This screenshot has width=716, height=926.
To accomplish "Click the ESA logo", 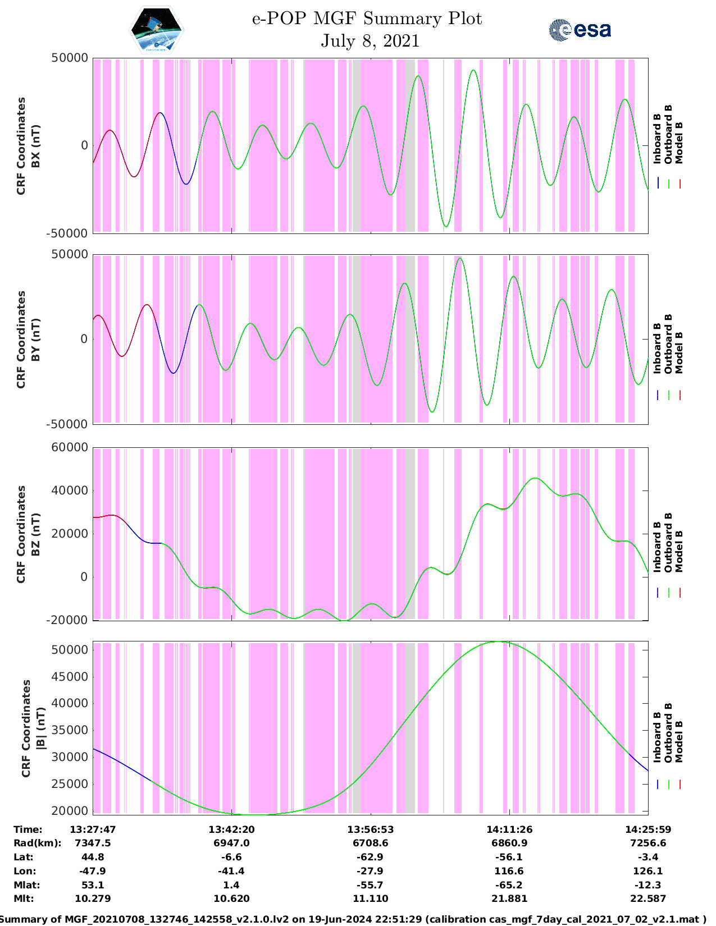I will click(x=580, y=30).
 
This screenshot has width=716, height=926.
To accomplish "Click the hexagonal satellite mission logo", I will click(x=156, y=30).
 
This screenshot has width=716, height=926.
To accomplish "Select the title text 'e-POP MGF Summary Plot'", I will click(x=367, y=19).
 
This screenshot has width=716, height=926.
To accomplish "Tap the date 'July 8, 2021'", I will click(x=370, y=41).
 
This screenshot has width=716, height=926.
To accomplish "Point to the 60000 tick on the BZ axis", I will click(x=69, y=447).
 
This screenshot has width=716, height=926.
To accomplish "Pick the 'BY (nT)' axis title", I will click(x=35, y=340).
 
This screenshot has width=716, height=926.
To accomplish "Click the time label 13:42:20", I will click(x=231, y=829).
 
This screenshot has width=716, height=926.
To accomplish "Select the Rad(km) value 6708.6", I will click(x=370, y=843).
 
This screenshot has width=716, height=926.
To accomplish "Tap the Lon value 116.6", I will click(x=509, y=871).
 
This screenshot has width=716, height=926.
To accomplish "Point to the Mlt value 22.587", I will click(x=647, y=899).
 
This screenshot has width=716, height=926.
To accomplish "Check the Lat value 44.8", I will click(x=93, y=857).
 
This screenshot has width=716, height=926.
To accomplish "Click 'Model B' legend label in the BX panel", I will click(x=679, y=143).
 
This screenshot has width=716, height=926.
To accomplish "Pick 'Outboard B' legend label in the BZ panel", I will click(x=668, y=542).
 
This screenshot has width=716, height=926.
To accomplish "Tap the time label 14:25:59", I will click(x=647, y=829).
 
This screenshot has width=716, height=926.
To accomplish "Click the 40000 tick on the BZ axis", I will click(x=69, y=490).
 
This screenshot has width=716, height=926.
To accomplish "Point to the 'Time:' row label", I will click(x=28, y=829).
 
